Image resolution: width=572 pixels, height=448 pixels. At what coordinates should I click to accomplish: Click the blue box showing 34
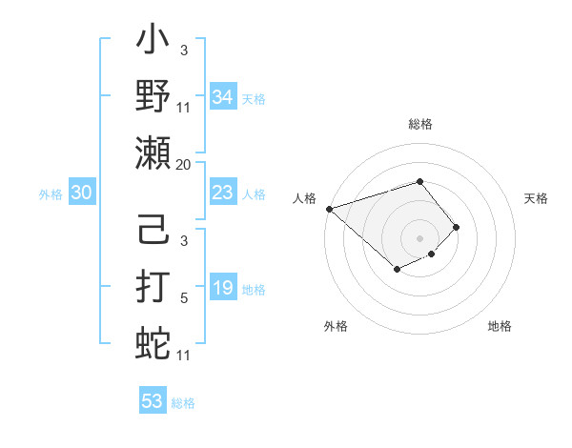coord(223,97)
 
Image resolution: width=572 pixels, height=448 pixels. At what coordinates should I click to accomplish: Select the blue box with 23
coord(223,193)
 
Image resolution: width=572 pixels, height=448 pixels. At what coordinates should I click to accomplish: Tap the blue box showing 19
coord(223,289)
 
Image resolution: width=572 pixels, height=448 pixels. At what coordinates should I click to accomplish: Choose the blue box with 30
coord(81,193)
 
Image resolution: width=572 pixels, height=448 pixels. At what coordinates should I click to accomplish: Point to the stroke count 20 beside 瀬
coord(183,165)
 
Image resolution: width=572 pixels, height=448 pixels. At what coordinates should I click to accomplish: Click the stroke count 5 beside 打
coord(184,299)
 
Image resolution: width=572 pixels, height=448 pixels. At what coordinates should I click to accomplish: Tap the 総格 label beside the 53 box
coord(183,403)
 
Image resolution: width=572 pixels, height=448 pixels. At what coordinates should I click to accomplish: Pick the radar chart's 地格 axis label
coord(500,327)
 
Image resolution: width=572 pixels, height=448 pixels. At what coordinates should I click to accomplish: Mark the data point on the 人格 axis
coord(329,208)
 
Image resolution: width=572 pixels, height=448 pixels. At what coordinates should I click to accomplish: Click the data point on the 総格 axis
coord(419,181)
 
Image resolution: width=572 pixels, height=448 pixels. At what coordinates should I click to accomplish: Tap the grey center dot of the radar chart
coord(419,237)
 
